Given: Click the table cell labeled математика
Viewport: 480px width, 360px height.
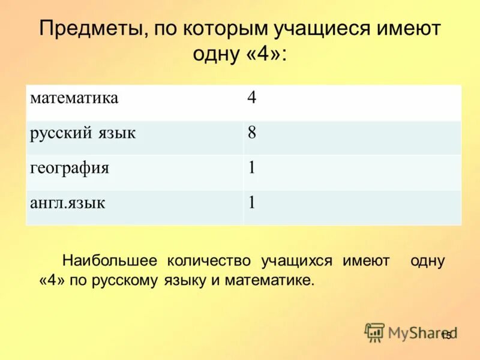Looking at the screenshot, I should coord(74,98).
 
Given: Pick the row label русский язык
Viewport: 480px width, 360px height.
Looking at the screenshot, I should coord(83,133).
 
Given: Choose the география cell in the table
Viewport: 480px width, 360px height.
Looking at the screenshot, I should coord(70,168).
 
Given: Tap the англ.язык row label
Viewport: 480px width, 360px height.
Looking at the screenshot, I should coord(68,203).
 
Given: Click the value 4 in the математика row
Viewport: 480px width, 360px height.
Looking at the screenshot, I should coord(252,98).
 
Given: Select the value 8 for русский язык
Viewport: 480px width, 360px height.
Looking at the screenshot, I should coord(252,133).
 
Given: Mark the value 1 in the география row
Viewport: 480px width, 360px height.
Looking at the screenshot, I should coord(252,168).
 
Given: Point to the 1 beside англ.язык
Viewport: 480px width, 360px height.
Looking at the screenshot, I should coord(252,203).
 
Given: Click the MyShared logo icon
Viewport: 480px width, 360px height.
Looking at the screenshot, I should coord(374,332).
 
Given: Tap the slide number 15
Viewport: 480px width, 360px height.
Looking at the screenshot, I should coord(446,336).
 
